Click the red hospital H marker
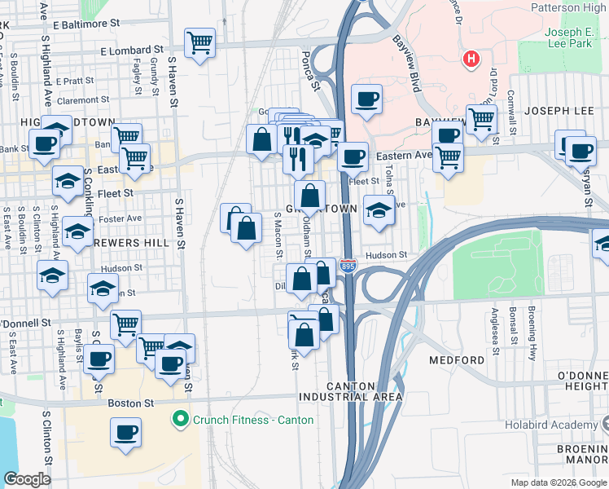(470, 59)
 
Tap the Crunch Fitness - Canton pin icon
(180, 420)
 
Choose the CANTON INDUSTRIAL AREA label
(352, 391)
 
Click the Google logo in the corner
(27, 479)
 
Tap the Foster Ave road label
(121, 218)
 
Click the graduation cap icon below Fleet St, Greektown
(379, 209)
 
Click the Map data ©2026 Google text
(556, 482)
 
